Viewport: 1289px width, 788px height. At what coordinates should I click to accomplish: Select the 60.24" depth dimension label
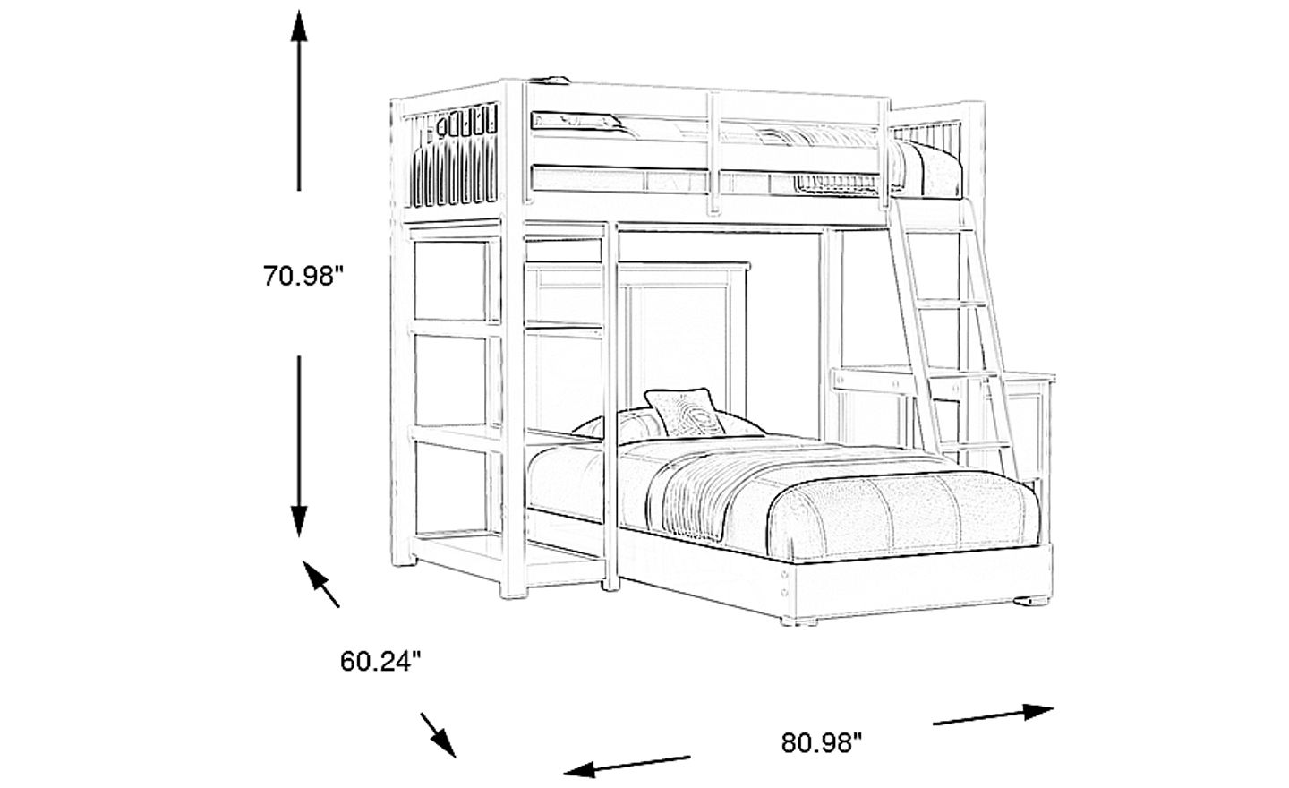tap(380, 662)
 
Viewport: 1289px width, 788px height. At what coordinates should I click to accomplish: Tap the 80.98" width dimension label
tap(821, 742)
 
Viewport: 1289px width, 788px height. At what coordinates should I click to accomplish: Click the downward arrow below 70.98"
tap(299, 448)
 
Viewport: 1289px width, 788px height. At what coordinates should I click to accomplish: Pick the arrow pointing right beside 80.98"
tap(994, 715)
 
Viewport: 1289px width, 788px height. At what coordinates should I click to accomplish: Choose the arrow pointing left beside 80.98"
tap(627, 764)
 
